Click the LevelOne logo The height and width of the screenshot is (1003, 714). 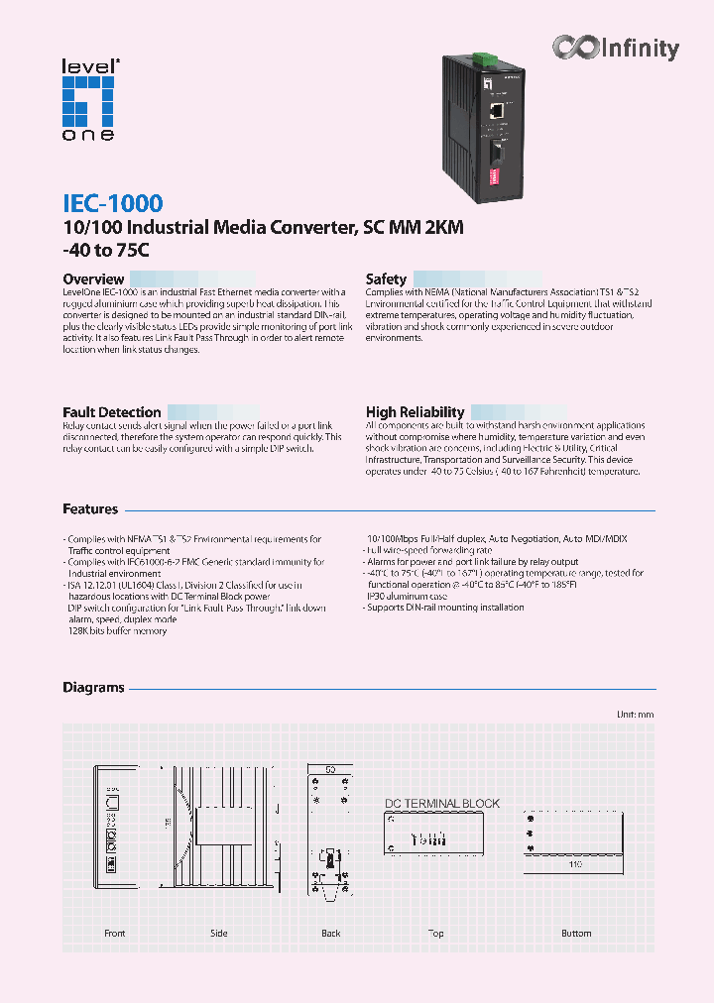coord(88,99)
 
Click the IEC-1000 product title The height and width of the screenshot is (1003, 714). coord(112,204)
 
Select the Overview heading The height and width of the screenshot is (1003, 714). coord(93,279)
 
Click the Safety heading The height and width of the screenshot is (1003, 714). coord(386,279)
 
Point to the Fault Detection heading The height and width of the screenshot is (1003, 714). coord(111,412)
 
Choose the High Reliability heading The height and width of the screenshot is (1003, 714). coord(415,412)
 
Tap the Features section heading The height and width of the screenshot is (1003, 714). coord(90,509)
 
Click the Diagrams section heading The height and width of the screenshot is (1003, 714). coord(93,688)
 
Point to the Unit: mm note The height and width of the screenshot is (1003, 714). coord(635,715)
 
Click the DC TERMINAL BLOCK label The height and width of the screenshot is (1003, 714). coord(441,804)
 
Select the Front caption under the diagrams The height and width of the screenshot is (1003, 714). coord(115,934)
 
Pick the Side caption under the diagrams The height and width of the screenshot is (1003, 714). coord(219,934)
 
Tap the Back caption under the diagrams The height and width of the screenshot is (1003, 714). coord(331,934)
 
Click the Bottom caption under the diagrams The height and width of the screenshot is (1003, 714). coord(576,934)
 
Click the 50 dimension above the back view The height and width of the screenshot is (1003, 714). coord(331,769)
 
